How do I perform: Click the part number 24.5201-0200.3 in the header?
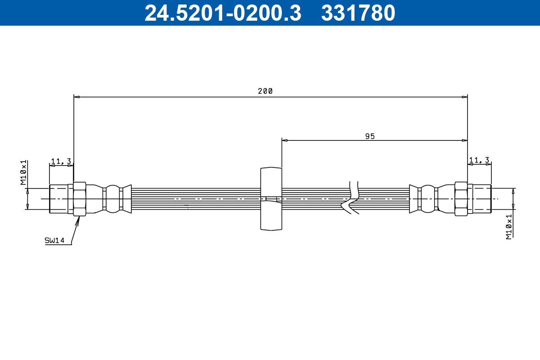222,13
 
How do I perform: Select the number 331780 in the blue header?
358,13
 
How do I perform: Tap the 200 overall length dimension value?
265,91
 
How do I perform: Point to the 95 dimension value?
370,136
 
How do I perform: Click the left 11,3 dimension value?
61,161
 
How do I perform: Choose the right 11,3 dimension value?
479,160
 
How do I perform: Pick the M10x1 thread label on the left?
23,173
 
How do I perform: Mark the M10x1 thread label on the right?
509,226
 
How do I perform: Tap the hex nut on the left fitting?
80,198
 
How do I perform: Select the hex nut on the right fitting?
461,198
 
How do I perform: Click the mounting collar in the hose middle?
271,198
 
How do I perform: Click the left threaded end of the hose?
58,198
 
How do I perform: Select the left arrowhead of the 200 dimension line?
76,97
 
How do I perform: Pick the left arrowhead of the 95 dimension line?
284,140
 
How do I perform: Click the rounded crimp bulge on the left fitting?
113,198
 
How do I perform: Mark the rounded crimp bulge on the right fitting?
427,198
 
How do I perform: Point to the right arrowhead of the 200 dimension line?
465,97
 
